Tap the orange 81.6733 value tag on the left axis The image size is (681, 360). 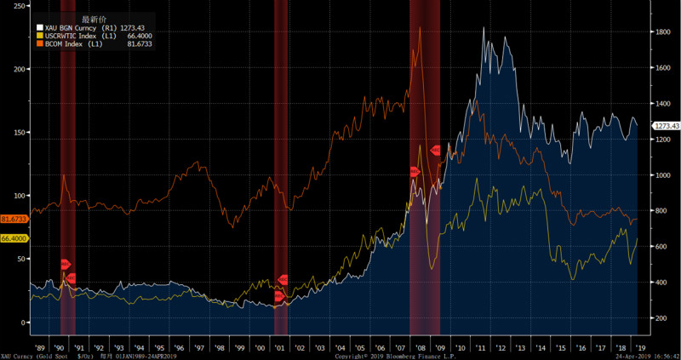click(x=14, y=219)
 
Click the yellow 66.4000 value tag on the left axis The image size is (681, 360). click(x=14, y=239)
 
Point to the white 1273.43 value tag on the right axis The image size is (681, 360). click(x=666, y=126)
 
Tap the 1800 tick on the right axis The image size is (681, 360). click(x=662, y=31)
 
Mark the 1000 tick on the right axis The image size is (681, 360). click(x=662, y=174)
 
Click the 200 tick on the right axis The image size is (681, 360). click(x=662, y=318)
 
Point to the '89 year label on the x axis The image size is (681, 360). click(x=41, y=348)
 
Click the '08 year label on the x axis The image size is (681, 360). click(x=421, y=348)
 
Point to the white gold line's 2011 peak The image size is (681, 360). click(x=484, y=28)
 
